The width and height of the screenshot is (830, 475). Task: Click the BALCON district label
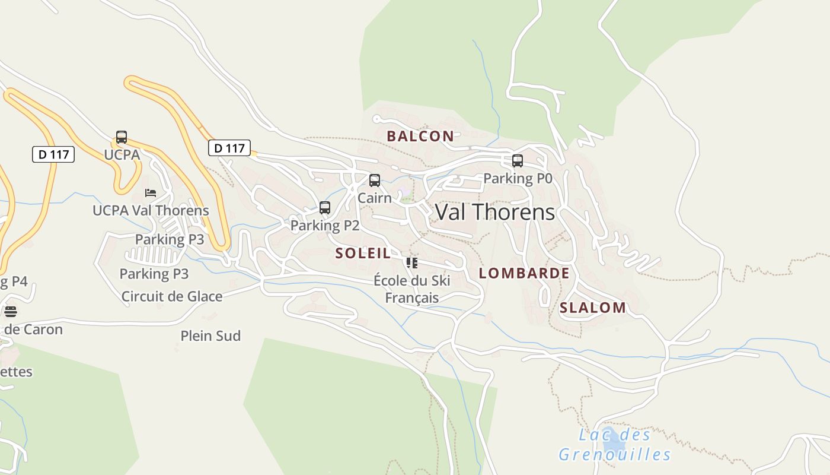point(420,136)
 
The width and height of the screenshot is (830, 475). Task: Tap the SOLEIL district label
point(363,254)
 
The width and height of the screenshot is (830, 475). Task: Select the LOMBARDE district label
point(523,273)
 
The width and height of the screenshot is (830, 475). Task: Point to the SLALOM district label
point(592,308)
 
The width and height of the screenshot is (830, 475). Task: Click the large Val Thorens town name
point(495,212)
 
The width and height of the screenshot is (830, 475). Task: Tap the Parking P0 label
point(518,178)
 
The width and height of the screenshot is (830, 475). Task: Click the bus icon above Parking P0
point(518,161)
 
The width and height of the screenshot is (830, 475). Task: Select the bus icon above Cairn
point(375,180)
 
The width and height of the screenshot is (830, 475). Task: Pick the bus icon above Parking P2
point(325,208)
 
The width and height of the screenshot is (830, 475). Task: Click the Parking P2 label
point(325,226)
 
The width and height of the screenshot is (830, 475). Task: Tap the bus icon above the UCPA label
point(122,137)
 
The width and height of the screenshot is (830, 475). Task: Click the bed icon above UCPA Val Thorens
point(151,193)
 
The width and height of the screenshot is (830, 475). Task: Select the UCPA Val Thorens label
point(151,210)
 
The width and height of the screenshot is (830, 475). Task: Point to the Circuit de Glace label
point(172,296)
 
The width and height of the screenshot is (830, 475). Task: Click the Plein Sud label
point(210,336)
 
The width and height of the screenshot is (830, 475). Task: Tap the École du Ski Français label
point(412,289)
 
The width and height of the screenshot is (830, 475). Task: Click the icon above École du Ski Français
point(412,263)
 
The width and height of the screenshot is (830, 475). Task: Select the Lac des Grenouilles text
point(615,445)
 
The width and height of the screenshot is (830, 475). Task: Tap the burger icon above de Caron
point(10,312)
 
